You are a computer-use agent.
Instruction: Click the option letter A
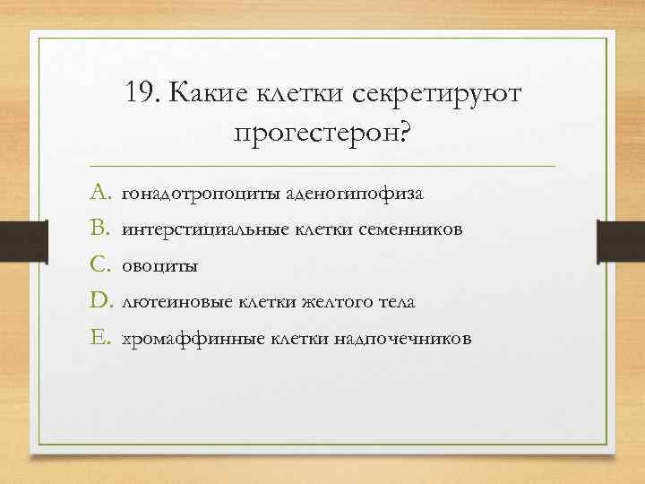[99, 193]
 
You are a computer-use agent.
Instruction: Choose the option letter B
[99, 229]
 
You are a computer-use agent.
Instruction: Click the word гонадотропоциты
[185, 194]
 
